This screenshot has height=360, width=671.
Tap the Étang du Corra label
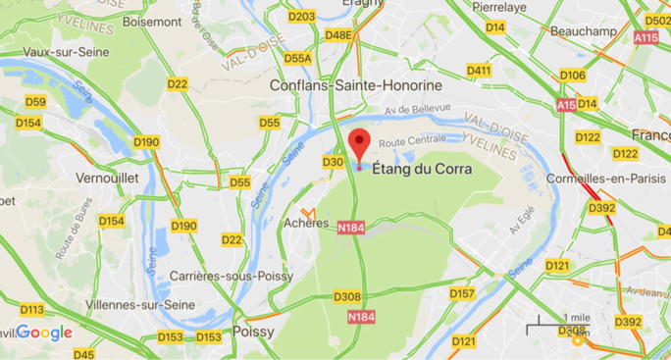(x=423, y=169)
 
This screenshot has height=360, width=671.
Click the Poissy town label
(x=253, y=333)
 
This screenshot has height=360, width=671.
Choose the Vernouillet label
(x=105, y=179)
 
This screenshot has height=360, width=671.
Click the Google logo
(x=44, y=333)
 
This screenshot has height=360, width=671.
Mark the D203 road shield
(x=304, y=17)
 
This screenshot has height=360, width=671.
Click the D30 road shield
(x=333, y=162)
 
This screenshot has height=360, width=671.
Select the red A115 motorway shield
(x=645, y=37)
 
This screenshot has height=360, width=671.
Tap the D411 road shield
(x=479, y=71)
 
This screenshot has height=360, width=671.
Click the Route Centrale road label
(x=406, y=143)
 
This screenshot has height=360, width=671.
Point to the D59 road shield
(x=35, y=102)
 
